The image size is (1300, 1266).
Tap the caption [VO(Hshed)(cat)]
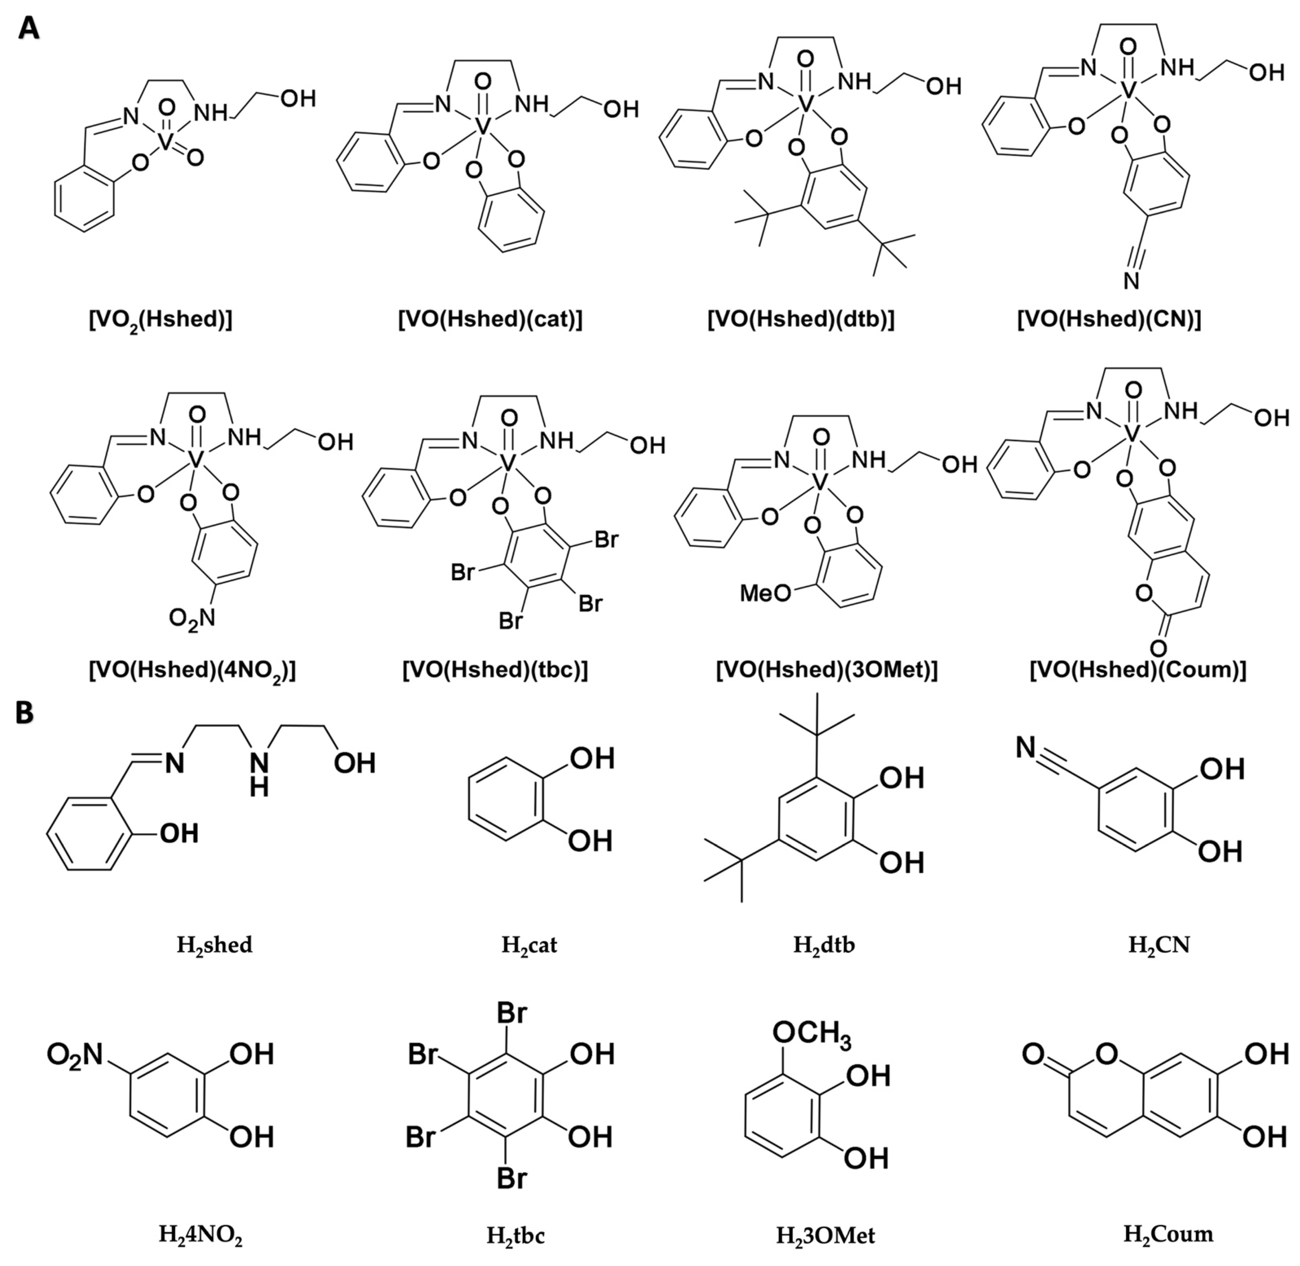(490, 320)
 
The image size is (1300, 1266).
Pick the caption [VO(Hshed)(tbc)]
(495, 670)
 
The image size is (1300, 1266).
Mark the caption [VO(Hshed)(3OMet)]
(826, 670)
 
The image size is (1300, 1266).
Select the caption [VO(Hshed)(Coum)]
(1138, 670)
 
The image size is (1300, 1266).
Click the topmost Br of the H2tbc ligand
(512, 1013)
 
